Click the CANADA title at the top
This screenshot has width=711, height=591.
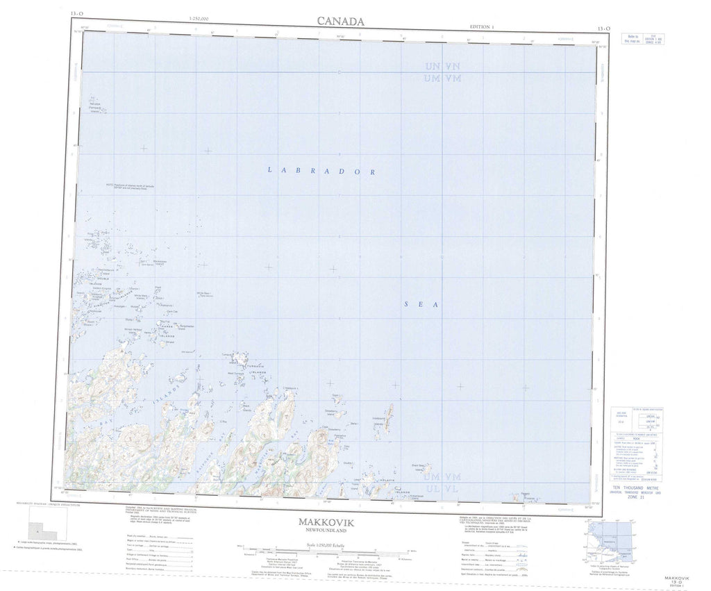click(x=340, y=21)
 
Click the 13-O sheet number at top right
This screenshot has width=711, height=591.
click(x=603, y=28)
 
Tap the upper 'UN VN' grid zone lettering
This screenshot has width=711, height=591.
click(x=443, y=67)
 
